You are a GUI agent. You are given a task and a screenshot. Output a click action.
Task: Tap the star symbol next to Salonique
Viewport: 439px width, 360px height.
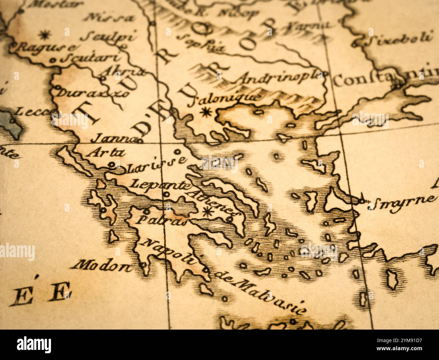pyautogui.click(x=205, y=112)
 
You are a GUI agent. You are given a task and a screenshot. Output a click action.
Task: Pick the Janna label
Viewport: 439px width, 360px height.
pyautogui.click(x=111, y=138)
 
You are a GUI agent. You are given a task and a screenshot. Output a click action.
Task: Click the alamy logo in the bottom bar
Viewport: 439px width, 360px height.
pyautogui.click(x=34, y=345)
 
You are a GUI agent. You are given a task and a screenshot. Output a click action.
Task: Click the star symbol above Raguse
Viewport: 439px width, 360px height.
pyautogui.click(x=43, y=34)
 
